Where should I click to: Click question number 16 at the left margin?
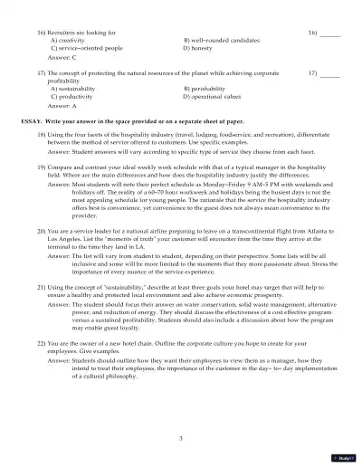[41, 33]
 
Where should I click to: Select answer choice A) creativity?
[70, 41]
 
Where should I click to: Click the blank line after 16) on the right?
[330, 33]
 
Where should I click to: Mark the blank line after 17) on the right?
[330, 71]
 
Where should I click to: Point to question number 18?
[41, 134]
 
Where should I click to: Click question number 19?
[41, 167]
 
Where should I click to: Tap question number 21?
[41, 285]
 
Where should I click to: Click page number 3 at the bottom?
[181, 437]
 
